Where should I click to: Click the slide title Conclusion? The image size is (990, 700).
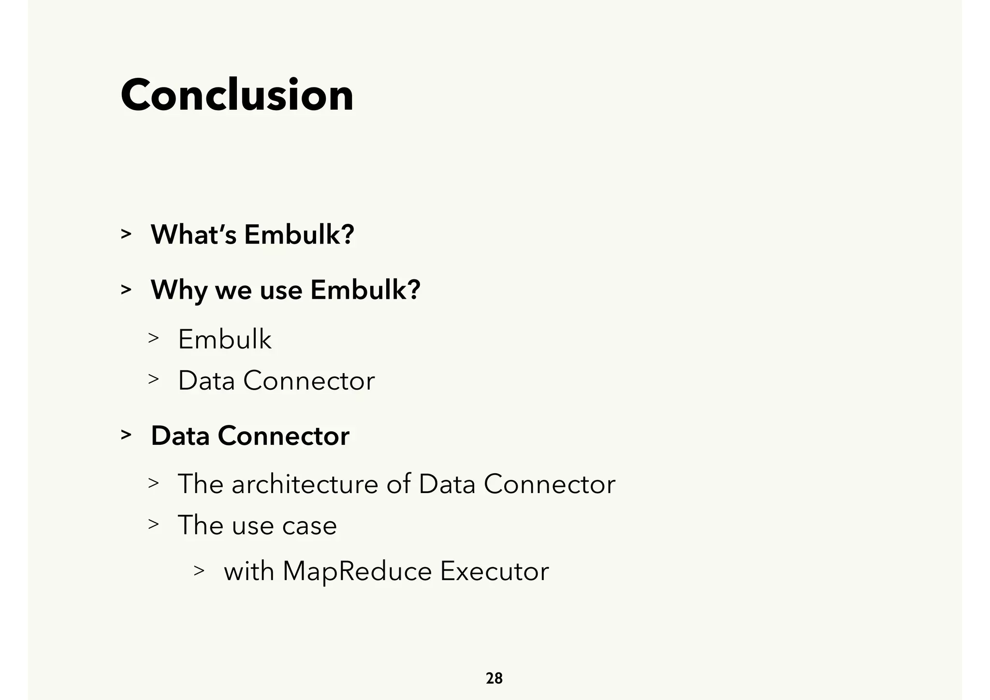237,95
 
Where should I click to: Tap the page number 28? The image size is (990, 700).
494,679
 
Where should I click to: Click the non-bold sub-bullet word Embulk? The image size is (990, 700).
225,339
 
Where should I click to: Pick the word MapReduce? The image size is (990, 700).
357,571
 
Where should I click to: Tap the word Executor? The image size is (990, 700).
494,571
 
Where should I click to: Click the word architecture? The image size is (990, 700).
305,484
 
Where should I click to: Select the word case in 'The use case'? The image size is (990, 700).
309,525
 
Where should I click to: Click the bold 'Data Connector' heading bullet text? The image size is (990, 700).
250,436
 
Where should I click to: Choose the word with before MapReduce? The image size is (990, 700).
248,571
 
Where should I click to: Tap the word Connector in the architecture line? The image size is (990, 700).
549,484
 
